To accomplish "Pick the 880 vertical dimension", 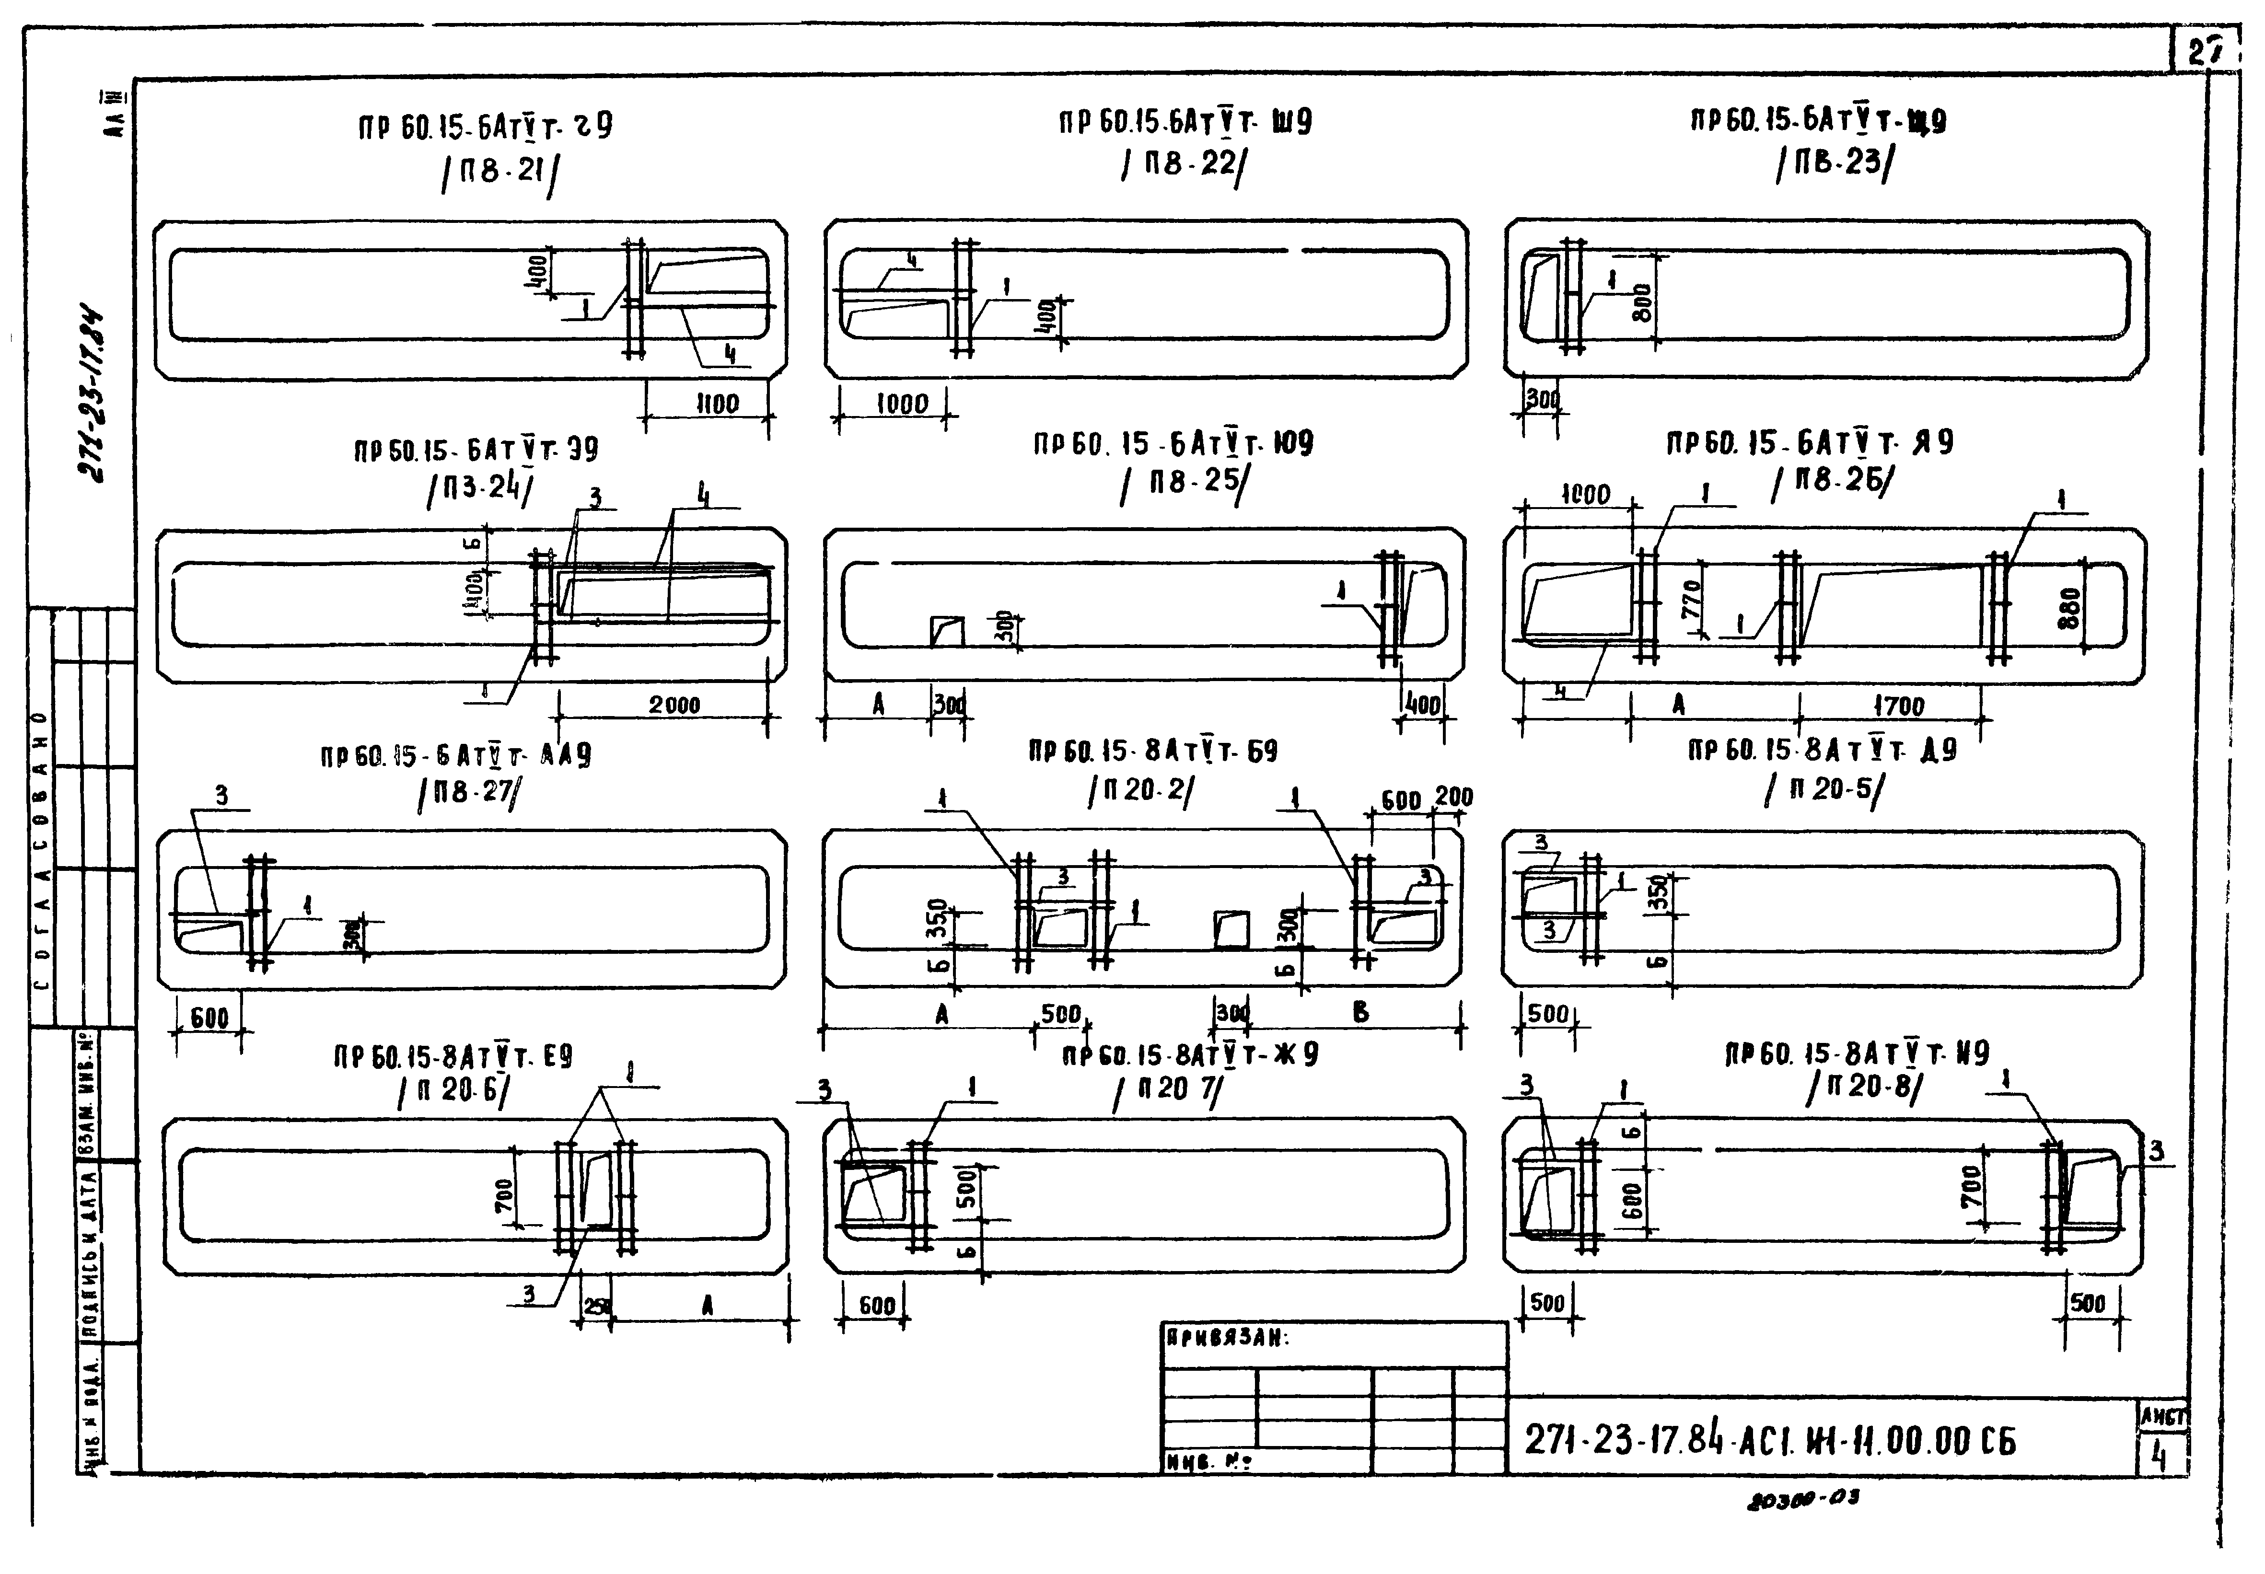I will [2070, 608].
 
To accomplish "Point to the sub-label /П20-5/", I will [1822, 789].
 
